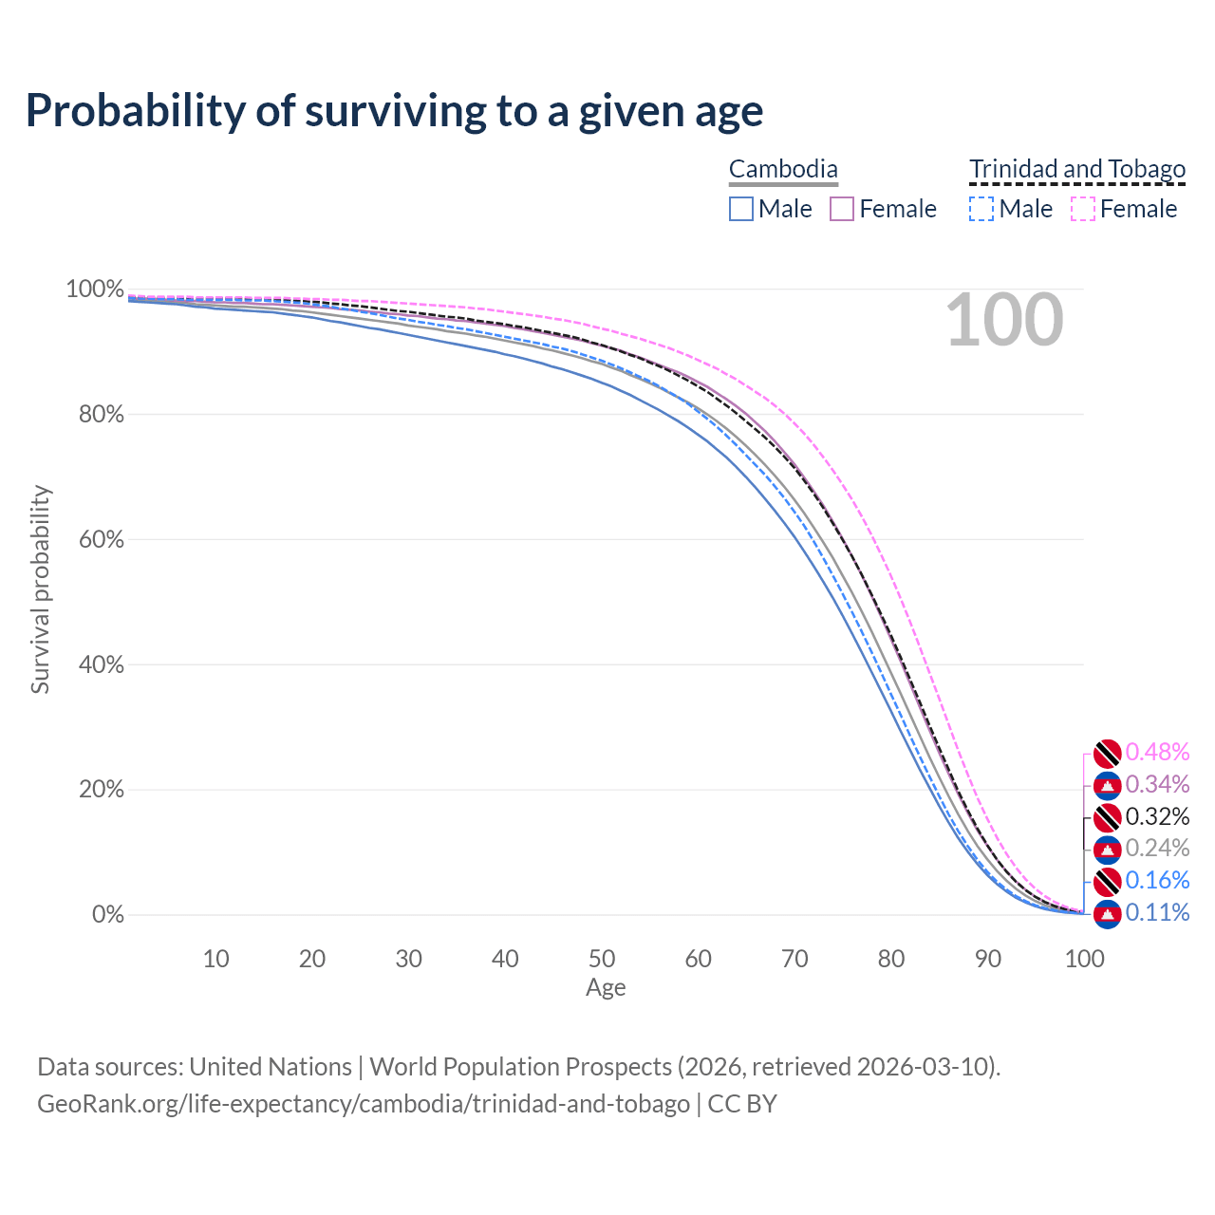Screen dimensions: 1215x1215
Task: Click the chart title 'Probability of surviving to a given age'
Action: [394, 112]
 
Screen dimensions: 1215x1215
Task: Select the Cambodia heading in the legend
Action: [783, 169]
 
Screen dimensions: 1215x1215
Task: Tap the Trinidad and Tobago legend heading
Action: [1077, 169]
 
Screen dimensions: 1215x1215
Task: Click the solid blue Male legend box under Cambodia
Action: [740, 210]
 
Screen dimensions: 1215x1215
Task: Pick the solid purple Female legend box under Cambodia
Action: [842, 210]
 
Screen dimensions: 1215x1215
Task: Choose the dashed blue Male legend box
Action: [981, 210]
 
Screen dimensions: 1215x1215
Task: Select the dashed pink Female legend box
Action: [1083, 210]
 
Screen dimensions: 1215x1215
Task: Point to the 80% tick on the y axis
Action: [101, 414]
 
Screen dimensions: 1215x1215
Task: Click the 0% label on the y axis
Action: [108, 914]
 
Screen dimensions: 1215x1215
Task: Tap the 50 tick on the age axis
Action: [602, 959]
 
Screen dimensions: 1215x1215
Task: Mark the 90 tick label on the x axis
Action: [988, 959]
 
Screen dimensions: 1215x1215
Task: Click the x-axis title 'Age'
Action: [606, 987]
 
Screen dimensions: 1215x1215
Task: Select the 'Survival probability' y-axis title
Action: [41, 589]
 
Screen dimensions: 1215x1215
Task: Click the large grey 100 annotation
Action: [1004, 320]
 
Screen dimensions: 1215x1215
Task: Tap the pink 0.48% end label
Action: [1157, 752]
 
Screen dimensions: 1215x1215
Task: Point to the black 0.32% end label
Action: [1157, 816]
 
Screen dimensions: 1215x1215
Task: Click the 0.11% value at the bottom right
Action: [1157, 912]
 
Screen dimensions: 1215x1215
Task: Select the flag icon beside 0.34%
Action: [1107, 786]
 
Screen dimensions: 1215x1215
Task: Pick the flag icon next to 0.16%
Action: [1107, 882]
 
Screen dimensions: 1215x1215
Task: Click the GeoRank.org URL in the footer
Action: [364, 1104]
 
